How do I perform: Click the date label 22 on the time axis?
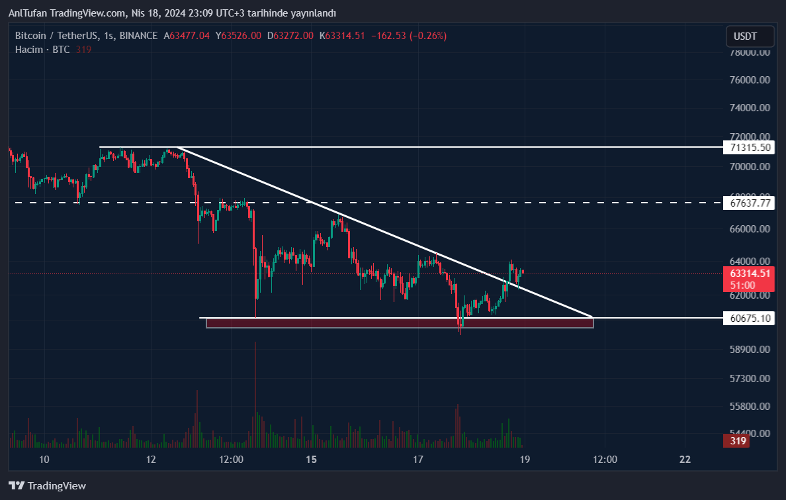coord(685,460)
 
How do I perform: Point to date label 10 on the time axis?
coord(44,460)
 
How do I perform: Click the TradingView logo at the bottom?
coord(48,485)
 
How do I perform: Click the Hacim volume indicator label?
coord(28,50)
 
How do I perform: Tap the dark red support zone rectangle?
coord(400,323)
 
